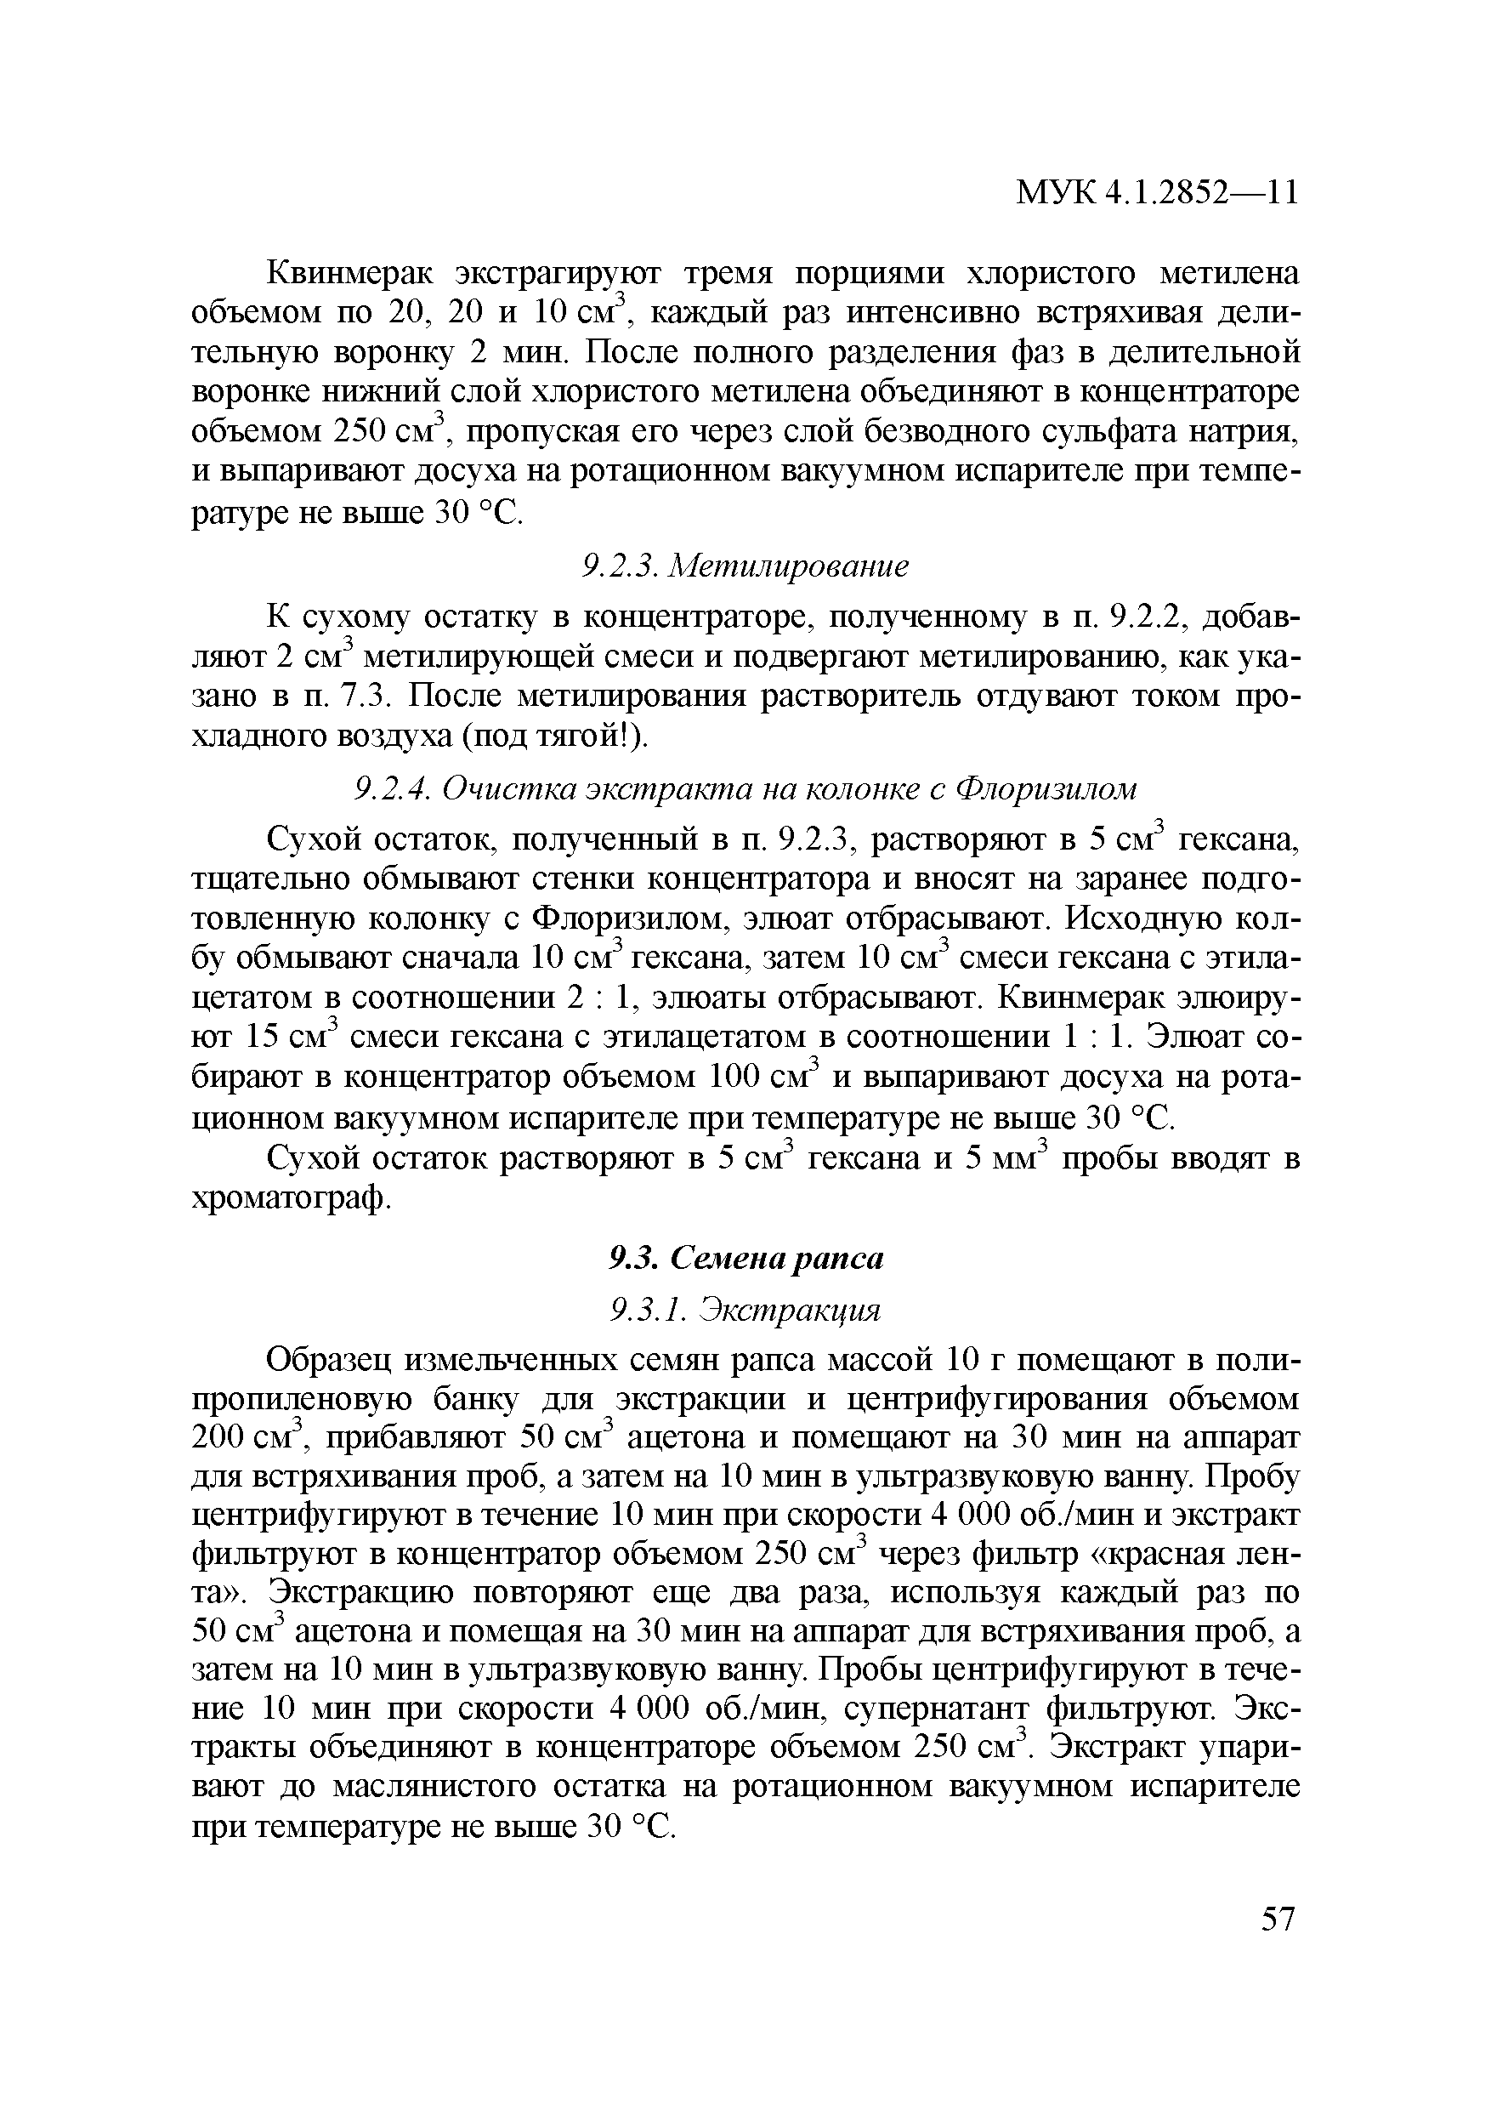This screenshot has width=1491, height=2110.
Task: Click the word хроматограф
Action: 288,1198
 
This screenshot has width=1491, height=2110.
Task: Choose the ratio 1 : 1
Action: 1094,1038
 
